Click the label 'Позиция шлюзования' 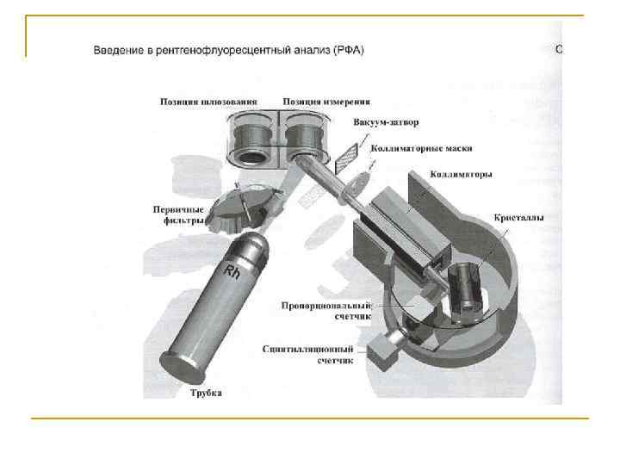tap(208, 102)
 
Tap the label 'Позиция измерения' tap(326, 102)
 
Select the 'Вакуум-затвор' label tap(386, 122)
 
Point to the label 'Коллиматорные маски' tap(421, 148)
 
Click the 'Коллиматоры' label tap(461, 174)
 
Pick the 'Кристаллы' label tap(518, 218)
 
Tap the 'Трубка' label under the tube tap(206, 393)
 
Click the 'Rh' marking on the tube tap(232, 271)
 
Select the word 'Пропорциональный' tap(326, 306)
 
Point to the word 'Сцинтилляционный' tap(307, 350)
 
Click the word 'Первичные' tap(178, 209)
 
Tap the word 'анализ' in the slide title tap(311, 50)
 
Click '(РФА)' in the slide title tap(349, 50)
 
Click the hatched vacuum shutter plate tap(347, 158)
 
